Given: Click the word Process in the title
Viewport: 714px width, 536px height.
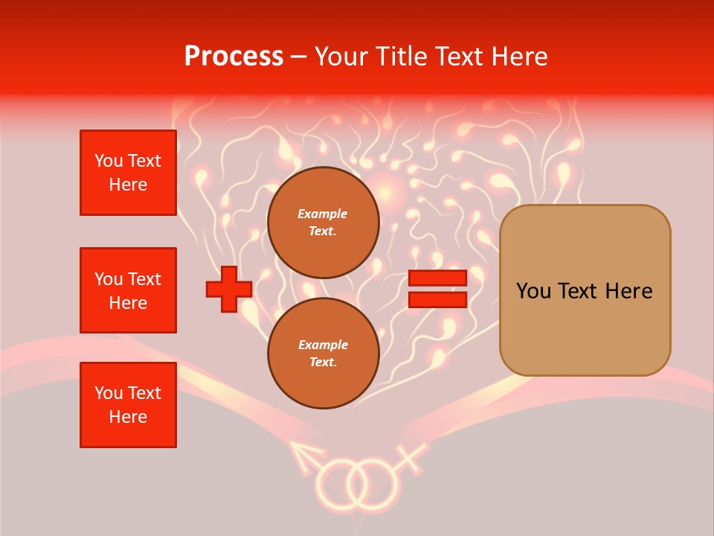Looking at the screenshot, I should tap(234, 57).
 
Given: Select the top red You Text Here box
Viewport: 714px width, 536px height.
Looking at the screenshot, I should tap(128, 173).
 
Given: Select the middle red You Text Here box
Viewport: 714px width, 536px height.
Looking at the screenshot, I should tap(128, 290).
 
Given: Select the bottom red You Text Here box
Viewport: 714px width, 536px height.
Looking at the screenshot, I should tap(128, 405).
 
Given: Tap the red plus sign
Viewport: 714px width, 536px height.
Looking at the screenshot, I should tap(229, 289).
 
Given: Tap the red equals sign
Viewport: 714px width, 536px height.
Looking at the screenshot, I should tap(437, 289).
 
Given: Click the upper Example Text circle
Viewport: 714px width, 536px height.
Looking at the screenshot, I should tap(324, 223).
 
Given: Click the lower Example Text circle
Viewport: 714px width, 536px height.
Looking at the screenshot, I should tap(324, 354).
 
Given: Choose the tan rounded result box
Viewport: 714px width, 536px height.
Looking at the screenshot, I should tap(585, 290).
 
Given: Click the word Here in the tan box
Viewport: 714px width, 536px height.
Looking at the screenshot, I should tap(628, 291).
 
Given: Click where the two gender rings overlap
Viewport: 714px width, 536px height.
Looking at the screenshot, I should tap(356, 482).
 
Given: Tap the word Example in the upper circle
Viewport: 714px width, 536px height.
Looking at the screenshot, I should tap(322, 214).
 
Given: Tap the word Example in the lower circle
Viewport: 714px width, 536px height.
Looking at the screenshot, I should tap(322, 345).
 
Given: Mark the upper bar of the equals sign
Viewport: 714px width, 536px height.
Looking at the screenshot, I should tap(437, 278).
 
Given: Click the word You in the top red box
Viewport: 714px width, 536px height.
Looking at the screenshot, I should tap(108, 161).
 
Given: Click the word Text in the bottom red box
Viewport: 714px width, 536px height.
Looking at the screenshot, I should tap(144, 393).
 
